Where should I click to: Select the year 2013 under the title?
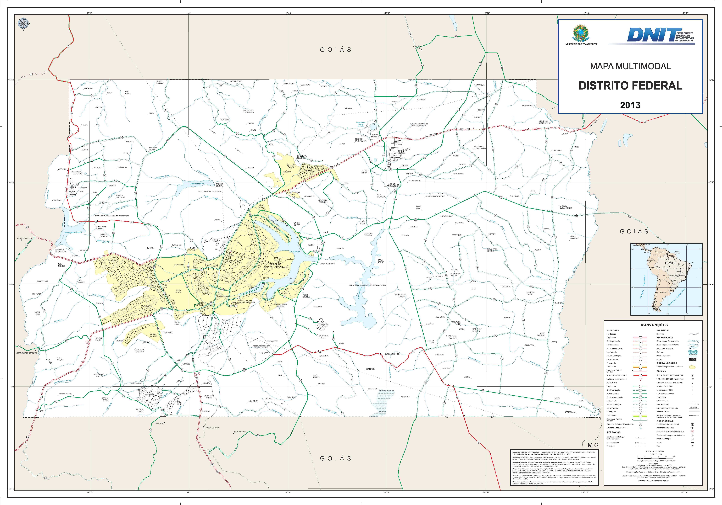630,105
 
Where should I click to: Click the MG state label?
593,446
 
